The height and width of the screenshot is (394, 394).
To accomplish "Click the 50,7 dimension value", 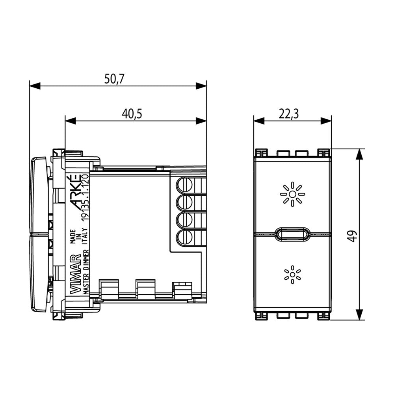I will pos(114,79).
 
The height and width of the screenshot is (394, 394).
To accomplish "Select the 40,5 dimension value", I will pos(132,114).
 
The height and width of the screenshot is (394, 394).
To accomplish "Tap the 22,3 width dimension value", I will pos(289,114).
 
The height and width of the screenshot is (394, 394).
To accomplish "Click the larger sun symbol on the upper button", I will pos(292,194).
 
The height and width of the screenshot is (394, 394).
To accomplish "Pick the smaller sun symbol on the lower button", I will pos(292,275).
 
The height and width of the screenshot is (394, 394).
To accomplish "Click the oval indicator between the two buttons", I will pos(292,234).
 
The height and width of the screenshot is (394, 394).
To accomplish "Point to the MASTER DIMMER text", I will pos(86,272).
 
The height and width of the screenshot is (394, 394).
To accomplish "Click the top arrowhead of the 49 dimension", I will pos(359,154).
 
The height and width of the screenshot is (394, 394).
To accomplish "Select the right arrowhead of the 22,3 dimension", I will pos(326,121).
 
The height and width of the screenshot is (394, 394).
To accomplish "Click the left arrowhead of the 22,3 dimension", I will pos(259,121).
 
